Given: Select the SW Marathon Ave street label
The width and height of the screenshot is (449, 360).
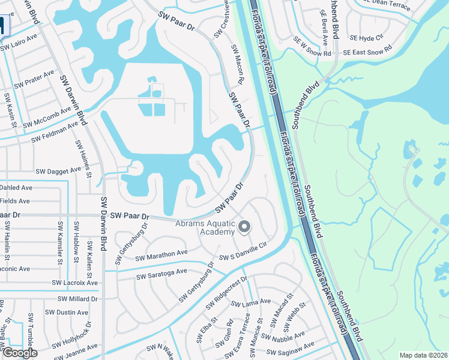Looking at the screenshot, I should coord(161,256).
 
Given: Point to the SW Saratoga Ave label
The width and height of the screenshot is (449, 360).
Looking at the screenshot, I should coord(161,274).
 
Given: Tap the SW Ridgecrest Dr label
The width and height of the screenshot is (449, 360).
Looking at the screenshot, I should coord(226,293).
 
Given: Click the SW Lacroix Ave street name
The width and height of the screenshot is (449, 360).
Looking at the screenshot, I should coord(74,283).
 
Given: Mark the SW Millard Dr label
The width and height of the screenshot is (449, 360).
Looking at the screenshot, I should coord(77,298).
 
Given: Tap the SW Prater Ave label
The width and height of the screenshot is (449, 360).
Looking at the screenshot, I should coord(33,79).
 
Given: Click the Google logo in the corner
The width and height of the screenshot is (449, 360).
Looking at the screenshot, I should coord(19,353).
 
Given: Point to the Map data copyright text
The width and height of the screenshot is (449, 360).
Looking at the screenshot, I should coord(423,355).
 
